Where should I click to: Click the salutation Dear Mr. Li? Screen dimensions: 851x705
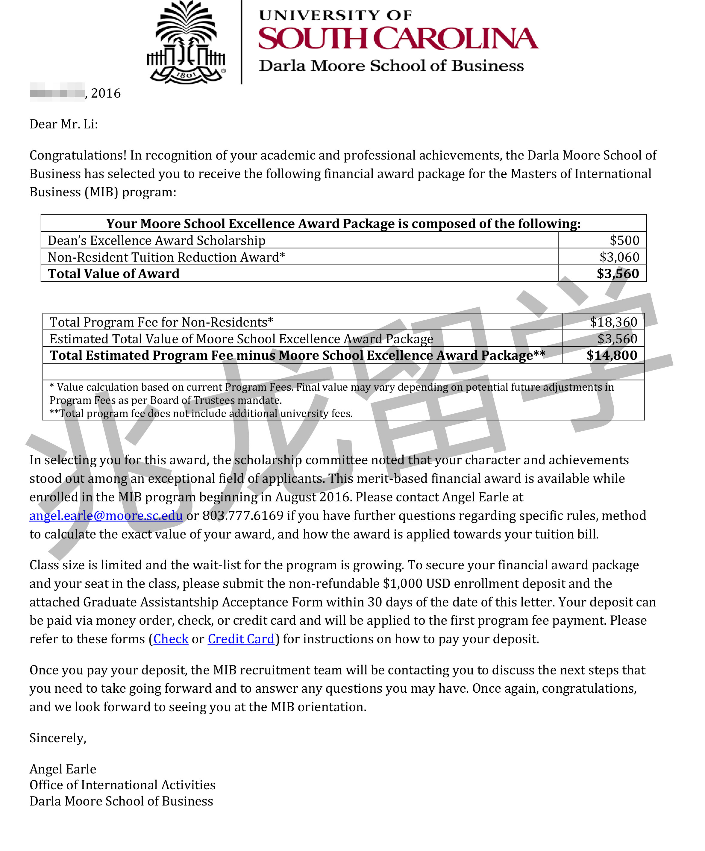click(x=63, y=124)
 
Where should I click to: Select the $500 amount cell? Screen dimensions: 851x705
click(x=624, y=240)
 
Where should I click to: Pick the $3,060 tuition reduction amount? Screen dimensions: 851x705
click(x=619, y=257)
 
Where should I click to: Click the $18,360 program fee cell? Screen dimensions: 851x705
click(x=613, y=322)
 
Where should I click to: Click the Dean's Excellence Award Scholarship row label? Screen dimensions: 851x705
click(x=156, y=240)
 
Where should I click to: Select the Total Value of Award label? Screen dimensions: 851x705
click(x=113, y=274)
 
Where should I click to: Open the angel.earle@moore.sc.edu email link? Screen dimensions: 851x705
click(x=106, y=515)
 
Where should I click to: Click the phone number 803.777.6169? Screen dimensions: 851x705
click(x=243, y=515)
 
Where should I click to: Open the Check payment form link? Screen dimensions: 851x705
click(x=171, y=639)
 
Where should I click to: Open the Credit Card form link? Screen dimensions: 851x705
click(x=241, y=639)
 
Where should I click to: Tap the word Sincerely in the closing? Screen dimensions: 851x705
click(x=57, y=738)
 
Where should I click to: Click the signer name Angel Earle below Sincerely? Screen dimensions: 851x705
click(x=63, y=769)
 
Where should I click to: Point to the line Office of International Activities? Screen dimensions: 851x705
click(x=122, y=785)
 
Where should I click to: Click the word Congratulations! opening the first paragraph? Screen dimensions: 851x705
click(x=78, y=155)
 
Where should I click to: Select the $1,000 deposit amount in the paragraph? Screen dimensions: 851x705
click(x=403, y=583)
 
